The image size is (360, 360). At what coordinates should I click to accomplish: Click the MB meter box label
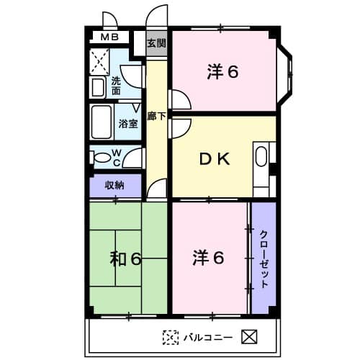(x=109, y=37)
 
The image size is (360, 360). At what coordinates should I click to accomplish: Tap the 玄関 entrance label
(x=157, y=43)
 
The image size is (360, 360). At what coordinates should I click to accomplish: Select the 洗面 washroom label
(x=116, y=86)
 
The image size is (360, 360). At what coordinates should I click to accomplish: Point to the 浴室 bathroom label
(x=128, y=124)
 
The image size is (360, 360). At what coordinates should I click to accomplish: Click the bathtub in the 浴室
(x=102, y=122)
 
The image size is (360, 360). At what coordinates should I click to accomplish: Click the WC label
(x=117, y=158)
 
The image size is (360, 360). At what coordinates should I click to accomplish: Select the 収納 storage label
(x=114, y=185)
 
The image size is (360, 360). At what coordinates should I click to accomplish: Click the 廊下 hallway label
(x=156, y=116)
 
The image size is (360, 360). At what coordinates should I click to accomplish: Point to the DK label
(x=215, y=159)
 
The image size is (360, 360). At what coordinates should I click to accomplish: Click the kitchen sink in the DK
(x=261, y=156)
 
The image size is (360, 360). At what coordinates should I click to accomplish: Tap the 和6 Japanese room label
(x=125, y=258)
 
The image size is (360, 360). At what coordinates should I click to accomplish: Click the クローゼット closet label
(x=264, y=259)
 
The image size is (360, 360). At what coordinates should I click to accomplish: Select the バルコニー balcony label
(x=208, y=338)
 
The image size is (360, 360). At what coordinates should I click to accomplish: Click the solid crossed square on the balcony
(x=249, y=337)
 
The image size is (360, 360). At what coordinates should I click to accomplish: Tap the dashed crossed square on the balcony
(x=171, y=338)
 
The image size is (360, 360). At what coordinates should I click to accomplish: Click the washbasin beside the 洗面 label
(x=98, y=87)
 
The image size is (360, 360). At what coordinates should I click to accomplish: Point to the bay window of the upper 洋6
(x=284, y=75)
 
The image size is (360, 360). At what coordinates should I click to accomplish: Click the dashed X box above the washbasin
(x=99, y=61)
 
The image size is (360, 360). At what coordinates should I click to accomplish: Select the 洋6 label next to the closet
(x=208, y=258)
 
